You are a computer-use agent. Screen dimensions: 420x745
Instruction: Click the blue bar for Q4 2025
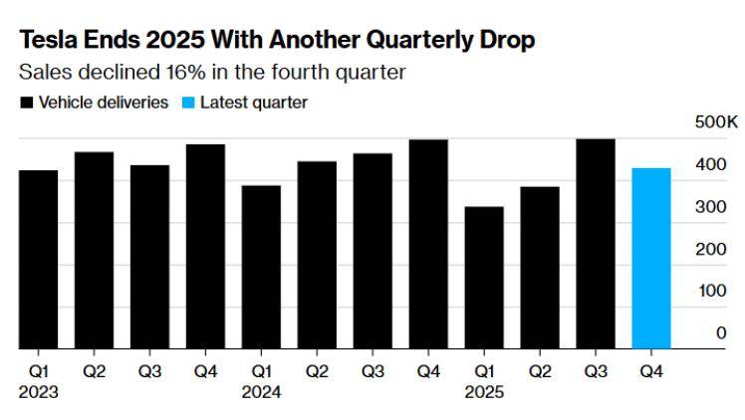(x=651, y=259)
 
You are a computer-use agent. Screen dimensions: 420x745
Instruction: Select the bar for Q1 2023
(x=38, y=260)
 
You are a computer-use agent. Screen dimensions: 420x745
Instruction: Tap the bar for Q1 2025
(x=484, y=278)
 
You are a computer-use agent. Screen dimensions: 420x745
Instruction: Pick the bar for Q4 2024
(x=428, y=244)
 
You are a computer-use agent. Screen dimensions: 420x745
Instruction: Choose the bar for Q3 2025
(x=596, y=244)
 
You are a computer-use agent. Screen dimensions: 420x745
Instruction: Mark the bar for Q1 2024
(x=261, y=267)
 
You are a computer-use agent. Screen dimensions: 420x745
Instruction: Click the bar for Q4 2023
(x=205, y=247)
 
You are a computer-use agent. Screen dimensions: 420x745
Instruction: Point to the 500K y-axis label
(x=716, y=122)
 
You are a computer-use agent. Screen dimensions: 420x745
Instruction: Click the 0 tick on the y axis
(x=720, y=333)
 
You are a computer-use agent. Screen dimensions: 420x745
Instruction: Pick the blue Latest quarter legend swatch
(x=188, y=103)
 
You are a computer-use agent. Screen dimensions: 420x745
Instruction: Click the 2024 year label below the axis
(x=261, y=392)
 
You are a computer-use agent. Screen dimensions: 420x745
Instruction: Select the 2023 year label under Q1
(x=38, y=392)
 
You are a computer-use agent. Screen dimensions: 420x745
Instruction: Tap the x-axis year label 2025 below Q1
(x=484, y=392)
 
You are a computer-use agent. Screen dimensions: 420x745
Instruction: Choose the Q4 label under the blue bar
(x=651, y=371)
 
